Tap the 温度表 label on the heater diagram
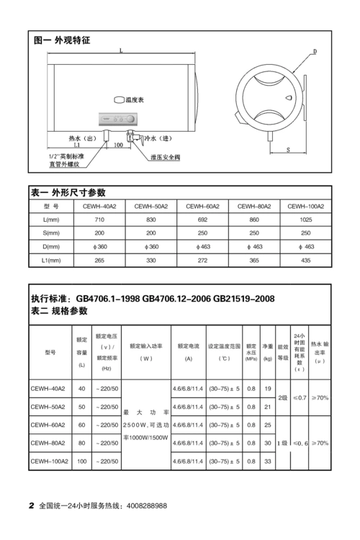click(x=135, y=99)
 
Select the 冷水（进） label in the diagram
click(x=158, y=138)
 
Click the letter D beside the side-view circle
click(x=315, y=52)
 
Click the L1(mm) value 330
click(x=151, y=260)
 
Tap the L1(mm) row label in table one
click(x=50, y=260)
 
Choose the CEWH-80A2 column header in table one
click(x=253, y=206)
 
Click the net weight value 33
click(x=268, y=461)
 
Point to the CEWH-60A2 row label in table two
click(x=49, y=425)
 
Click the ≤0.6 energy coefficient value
click(x=300, y=443)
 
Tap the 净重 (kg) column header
click(x=268, y=353)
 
